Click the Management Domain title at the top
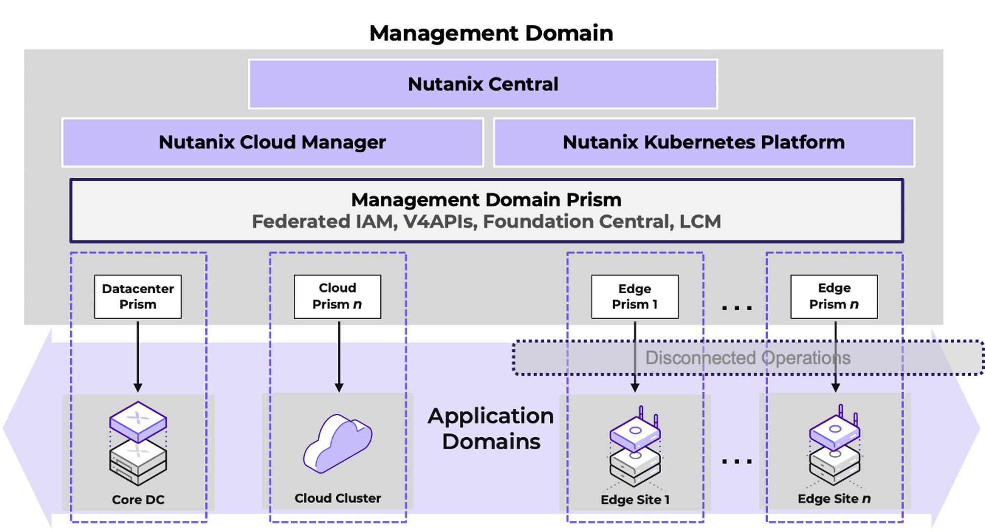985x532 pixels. click(x=491, y=33)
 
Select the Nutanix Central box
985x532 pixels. click(x=483, y=84)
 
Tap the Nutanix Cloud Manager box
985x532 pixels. click(x=273, y=142)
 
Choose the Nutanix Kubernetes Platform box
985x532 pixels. click(x=704, y=142)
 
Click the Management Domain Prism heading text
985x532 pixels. click(x=486, y=200)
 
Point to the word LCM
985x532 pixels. click(x=700, y=222)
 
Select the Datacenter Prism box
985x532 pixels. click(x=138, y=297)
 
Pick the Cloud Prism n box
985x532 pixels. click(x=337, y=297)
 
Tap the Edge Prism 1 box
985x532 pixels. click(x=635, y=297)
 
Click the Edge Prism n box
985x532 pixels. click(x=834, y=297)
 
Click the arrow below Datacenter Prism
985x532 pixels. click(x=138, y=357)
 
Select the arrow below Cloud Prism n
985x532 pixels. click(x=339, y=357)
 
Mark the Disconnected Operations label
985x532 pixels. click(x=748, y=358)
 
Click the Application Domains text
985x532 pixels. click(x=491, y=428)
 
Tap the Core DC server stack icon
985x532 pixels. click(x=138, y=443)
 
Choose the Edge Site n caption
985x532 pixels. click(x=834, y=499)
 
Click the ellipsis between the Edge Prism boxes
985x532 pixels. click(x=737, y=308)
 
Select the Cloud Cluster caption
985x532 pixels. click(x=338, y=498)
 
